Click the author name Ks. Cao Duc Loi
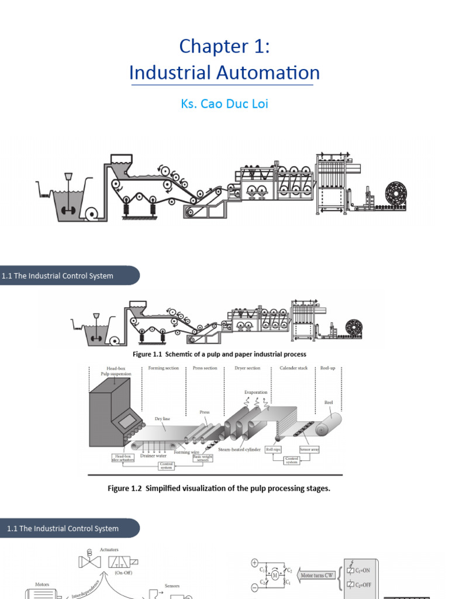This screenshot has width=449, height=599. pyautogui.click(x=224, y=105)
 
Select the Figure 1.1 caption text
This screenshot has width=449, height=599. pyautogui.click(x=219, y=354)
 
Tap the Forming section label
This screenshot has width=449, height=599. pyautogui.click(x=164, y=369)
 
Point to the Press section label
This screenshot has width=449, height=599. pyautogui.click(x=205, y=369)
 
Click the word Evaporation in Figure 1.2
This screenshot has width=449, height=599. pyautogui.click(x=256, y=393)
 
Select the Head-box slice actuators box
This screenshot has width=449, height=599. pyautogui.click(x=123, y=458)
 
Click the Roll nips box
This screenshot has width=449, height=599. pyautogui.click(x=274, y=450)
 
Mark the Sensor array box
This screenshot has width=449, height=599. pyautogui.click(x=309, y=450)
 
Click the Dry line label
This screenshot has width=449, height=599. pyautogui.click(x=162, y=419)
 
